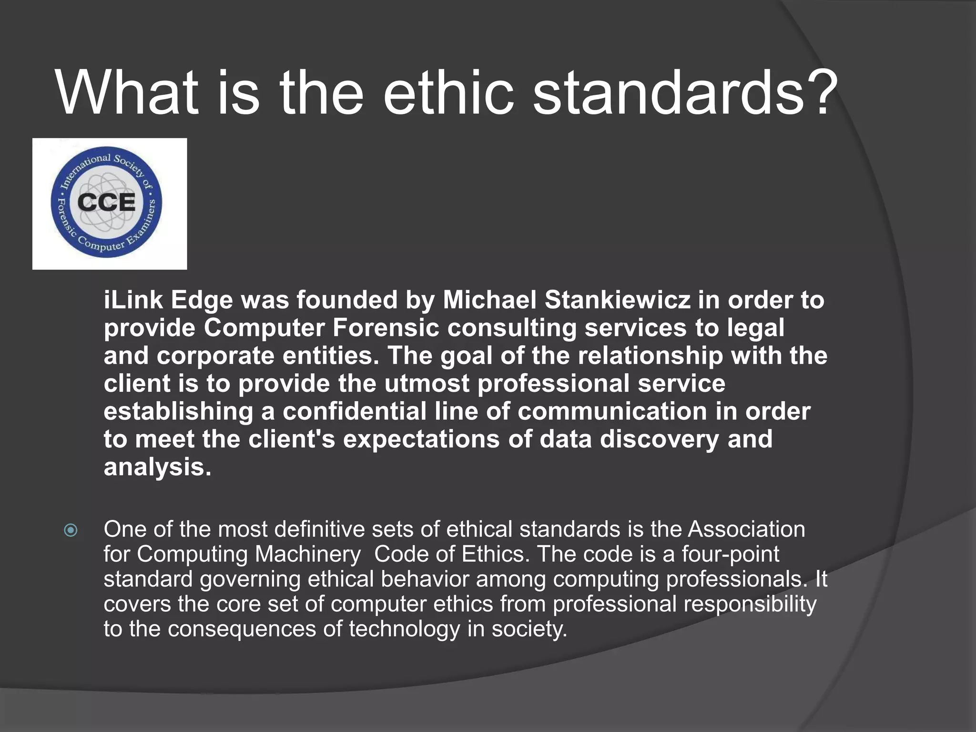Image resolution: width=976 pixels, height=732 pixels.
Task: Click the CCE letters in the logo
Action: pyautogui.click(x=106, y=203)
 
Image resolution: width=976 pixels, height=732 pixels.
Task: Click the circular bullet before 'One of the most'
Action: pyautogui.click(x=71, y=530)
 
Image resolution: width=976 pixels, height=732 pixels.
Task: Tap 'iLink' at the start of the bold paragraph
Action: pyautogui.click(x=133, y=300)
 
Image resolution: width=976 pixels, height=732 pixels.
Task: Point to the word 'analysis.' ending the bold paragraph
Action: pyautogui.click(x=157, y=467)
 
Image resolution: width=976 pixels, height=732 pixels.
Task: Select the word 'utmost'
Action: pyautogui.click(x=427, y=384)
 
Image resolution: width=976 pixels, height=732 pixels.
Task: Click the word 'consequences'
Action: pyautogui.click(x=242, y=629)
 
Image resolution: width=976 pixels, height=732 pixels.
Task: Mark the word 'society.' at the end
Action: pyautogui.click(x=529, y=629)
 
